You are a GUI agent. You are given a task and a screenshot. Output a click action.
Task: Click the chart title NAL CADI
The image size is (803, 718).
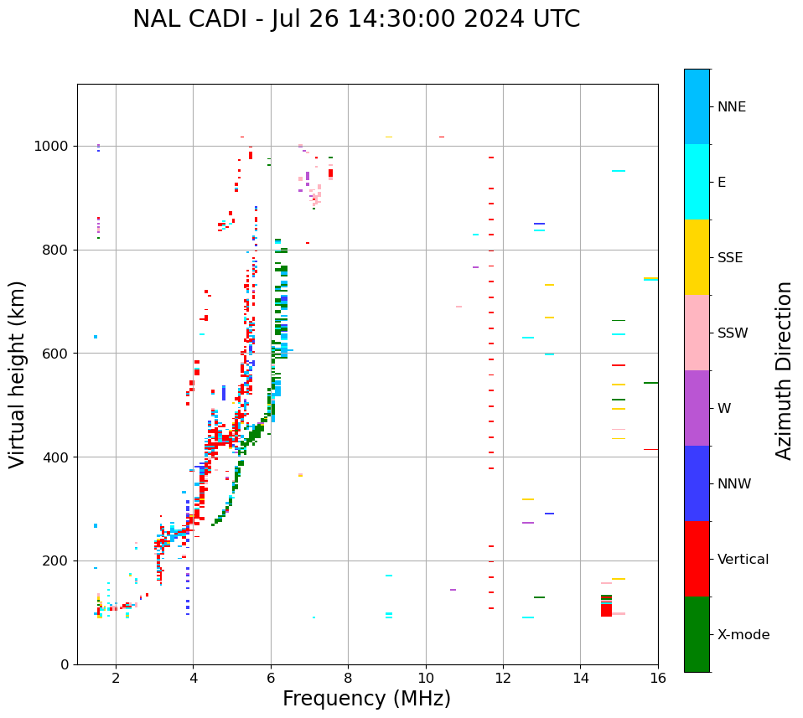pos(356,19)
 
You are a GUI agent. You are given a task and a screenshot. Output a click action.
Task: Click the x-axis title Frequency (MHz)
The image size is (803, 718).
pos(366,699)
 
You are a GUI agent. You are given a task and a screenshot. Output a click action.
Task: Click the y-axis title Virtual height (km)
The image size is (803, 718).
pos(18,374)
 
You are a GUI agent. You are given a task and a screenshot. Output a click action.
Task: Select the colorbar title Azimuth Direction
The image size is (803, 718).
pos(784,370)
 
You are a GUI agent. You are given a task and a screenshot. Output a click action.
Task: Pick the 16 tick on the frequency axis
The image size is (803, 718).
pos(658,678)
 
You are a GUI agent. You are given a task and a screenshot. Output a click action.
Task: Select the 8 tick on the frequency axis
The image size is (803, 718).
pos(348,678)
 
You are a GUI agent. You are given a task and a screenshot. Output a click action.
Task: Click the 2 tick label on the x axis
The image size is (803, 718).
pos(116,678)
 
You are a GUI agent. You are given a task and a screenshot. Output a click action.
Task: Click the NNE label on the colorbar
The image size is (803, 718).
pos(732,107)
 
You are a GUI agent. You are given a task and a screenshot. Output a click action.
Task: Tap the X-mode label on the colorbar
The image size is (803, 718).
pos(743,635)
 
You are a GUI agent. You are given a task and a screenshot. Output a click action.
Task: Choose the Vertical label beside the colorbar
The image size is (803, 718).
pos(743,560)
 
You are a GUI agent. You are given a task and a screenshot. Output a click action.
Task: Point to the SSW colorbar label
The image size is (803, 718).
pos(733,333)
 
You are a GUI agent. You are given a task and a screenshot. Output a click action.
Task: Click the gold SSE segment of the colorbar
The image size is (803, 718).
pos(697,257)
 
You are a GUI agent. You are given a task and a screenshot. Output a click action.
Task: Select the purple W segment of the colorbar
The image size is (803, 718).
pos(697,408)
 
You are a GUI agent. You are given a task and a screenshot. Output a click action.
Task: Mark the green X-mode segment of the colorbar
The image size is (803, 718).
pos(697,634)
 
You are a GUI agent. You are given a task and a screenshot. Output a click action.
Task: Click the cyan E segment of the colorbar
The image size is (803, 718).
pos(697,182)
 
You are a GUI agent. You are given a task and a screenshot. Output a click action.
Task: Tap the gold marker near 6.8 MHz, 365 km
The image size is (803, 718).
pos(300,475)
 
